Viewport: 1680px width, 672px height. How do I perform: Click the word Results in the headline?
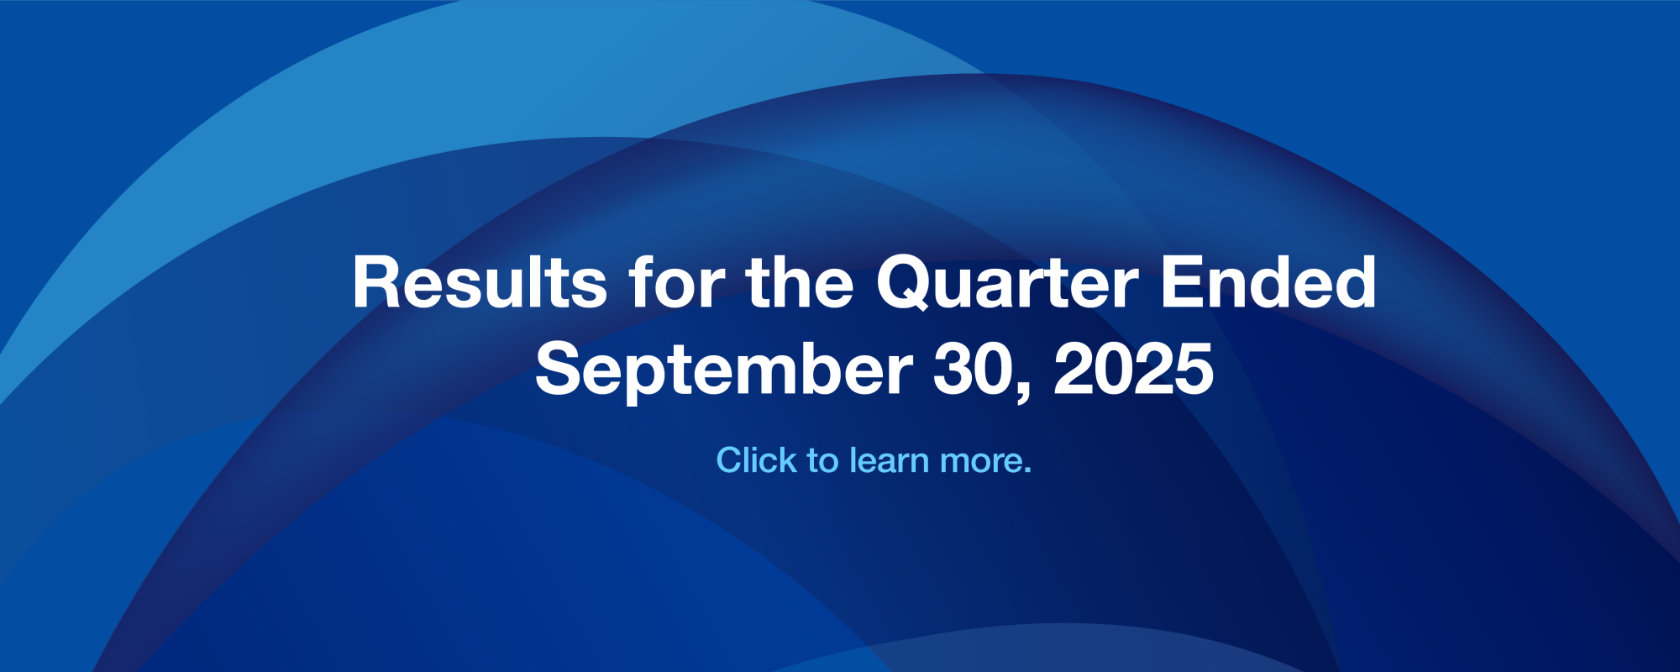coord(480,283)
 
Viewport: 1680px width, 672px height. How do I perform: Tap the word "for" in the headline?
coord(677,283)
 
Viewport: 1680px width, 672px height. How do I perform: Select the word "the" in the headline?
coord(799,283)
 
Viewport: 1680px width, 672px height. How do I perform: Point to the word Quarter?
coord(1008,283)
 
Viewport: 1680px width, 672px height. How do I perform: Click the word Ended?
coord(1268,283)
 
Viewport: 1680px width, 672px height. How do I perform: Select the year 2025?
coord(1134,370)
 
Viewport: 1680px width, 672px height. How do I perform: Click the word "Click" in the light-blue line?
coord(756,460)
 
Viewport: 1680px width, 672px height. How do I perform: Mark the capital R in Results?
coord(375,283)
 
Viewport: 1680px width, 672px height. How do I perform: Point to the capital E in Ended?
coord(1182,283)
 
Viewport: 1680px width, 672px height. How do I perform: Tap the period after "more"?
coord(1027,471)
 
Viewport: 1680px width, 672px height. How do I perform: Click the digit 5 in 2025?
coord(1193,370)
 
